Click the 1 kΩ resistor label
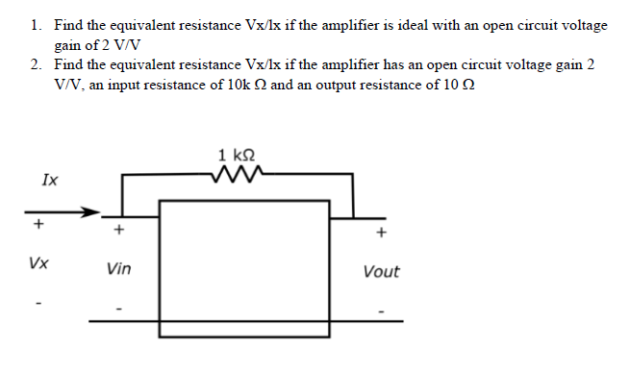238,154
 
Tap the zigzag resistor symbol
238,173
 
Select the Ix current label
48,179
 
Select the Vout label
382,272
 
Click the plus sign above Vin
118,231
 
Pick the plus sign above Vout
382,232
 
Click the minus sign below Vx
39,305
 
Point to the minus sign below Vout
382,310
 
